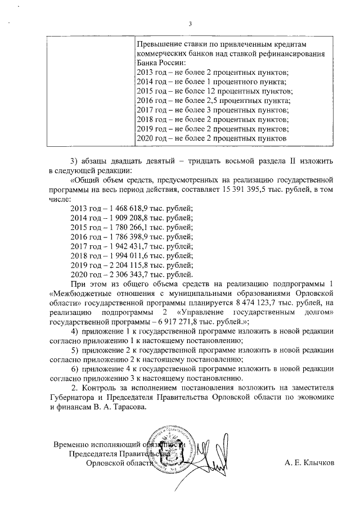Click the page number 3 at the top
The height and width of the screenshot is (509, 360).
tap(191, 24)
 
